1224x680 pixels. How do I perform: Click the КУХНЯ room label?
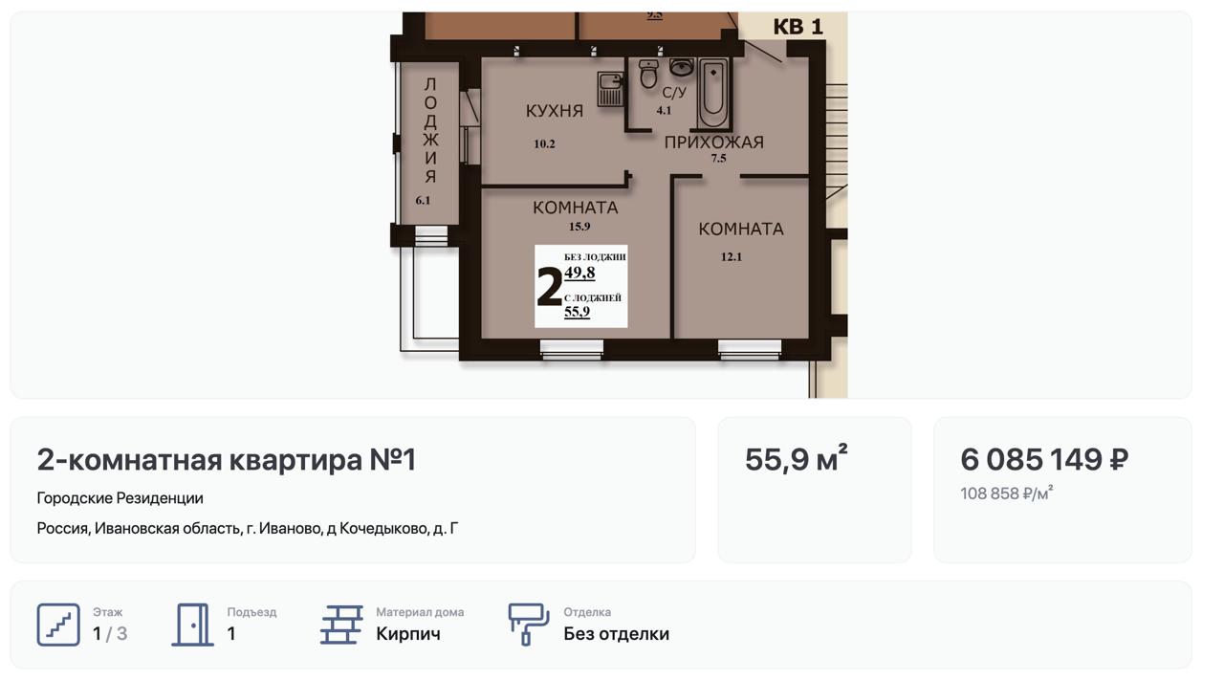555,111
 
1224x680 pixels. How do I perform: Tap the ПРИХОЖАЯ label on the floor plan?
714,143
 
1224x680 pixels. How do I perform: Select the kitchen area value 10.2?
544,143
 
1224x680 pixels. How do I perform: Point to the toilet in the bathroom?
648,75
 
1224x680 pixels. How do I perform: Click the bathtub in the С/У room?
713,93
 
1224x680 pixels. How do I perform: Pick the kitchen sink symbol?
610,89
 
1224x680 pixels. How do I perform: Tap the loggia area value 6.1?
423,200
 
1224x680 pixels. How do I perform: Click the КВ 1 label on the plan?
798,27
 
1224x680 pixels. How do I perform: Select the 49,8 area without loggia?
579,273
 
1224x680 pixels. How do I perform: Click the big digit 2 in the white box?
549,286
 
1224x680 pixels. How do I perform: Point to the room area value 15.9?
579,227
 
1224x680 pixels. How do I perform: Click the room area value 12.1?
732,257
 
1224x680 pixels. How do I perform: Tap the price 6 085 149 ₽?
1044,459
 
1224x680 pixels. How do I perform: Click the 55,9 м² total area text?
797,458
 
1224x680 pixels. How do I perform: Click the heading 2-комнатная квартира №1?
227,459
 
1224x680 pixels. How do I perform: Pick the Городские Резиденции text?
120,498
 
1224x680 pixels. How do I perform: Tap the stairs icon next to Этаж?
58,625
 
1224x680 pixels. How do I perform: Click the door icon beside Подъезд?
193,625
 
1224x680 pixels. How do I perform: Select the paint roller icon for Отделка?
529,625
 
